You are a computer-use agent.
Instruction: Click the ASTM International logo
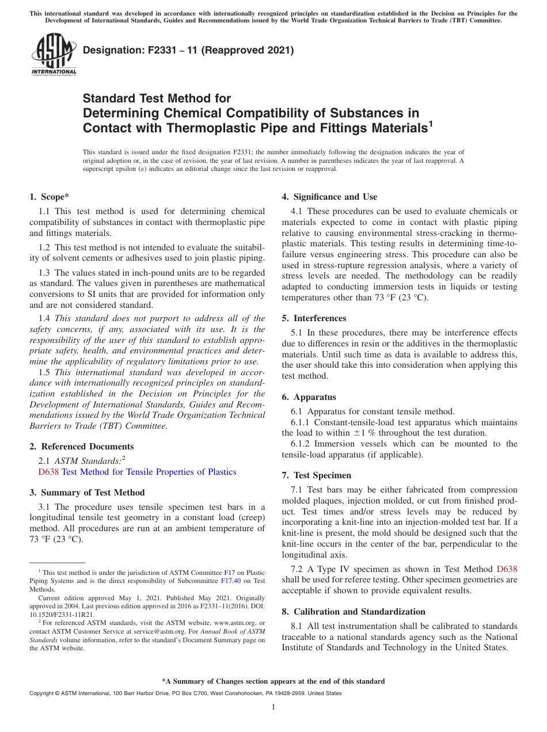(x=54, y=55)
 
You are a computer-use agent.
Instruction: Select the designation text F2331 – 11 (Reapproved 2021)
(x=188, y=50)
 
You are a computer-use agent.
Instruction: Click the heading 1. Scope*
(x=50, y=197)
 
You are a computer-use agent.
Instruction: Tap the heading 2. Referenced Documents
(x=82, y=447)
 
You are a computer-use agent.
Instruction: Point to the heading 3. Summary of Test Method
(x=87, y=493)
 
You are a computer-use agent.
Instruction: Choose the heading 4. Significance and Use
(x=329, y=197)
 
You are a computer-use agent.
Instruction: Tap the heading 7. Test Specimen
(x=316, y=475)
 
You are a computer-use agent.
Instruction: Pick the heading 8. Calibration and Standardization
(x=354, y=612)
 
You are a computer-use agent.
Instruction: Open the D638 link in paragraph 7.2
(x=507, y=569)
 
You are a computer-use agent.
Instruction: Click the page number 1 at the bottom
(x=273, y=707)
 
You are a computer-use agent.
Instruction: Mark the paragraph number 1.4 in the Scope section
(x=44, y=318)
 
